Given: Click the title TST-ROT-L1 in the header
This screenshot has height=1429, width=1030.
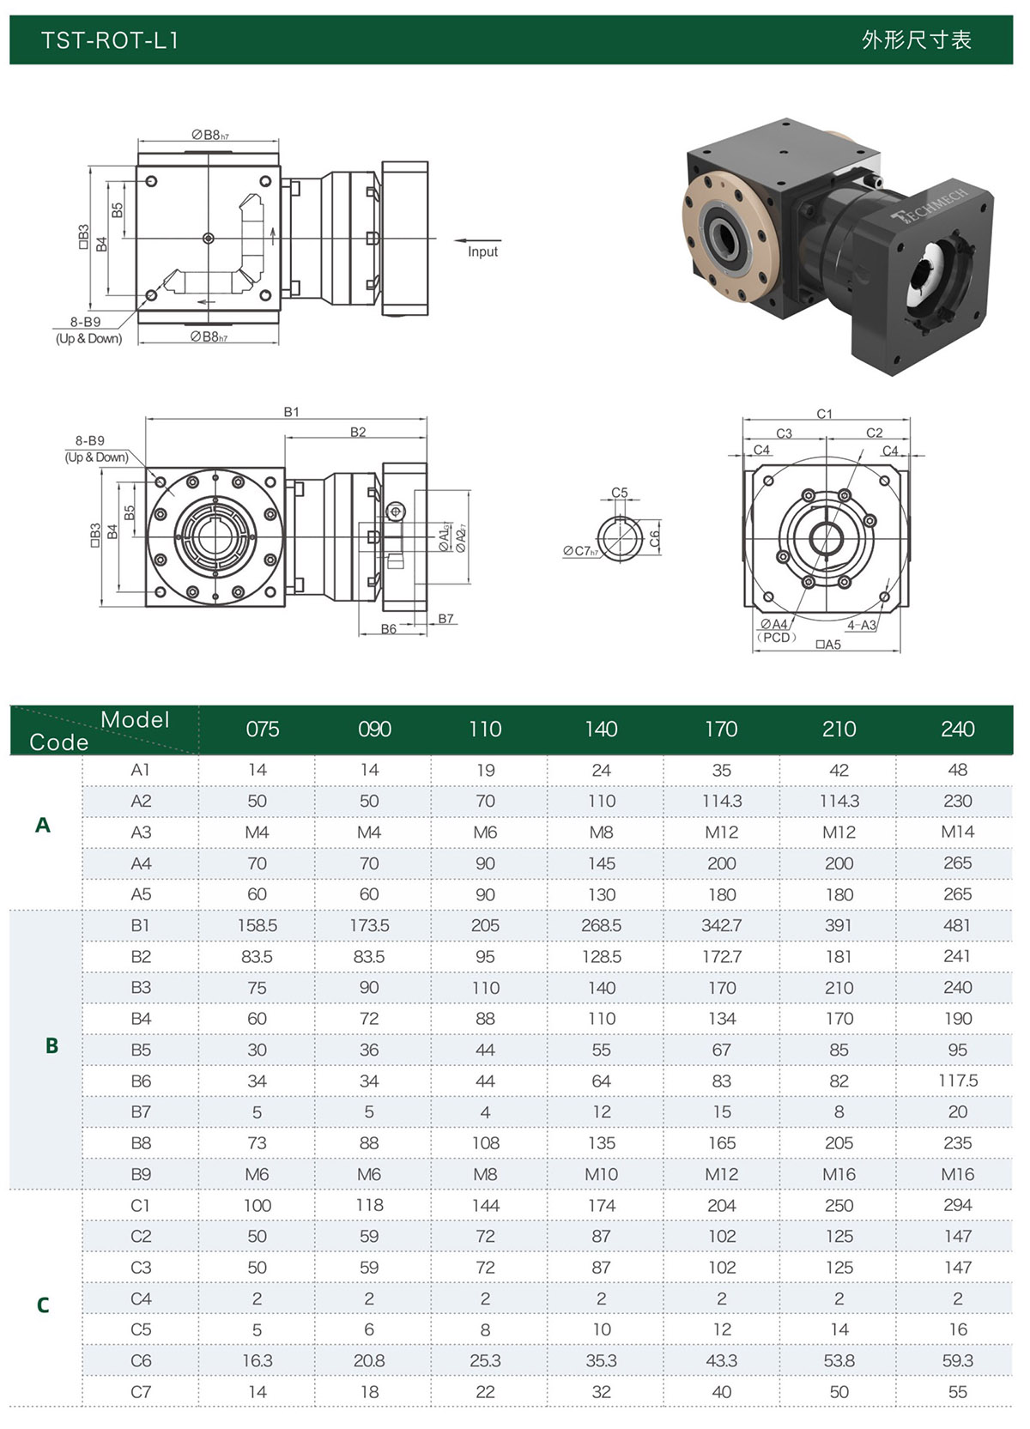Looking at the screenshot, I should [110, 40].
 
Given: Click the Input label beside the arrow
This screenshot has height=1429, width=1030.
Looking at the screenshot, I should [482, 251].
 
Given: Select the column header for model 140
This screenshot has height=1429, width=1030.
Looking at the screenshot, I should [601, 730].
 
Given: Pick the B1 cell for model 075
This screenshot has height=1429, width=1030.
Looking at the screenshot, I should [257, 925].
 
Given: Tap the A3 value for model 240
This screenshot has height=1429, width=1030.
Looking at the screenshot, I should [957, 832].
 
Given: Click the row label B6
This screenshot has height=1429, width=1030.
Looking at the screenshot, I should [141, 1081].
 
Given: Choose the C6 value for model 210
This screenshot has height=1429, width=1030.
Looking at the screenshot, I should [839, 1360].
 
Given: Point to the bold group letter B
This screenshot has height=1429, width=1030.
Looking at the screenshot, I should [51, 1045].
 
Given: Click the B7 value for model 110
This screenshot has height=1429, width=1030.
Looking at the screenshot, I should [485, 1112].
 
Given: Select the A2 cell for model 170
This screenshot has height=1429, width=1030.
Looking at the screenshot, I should [721, 801].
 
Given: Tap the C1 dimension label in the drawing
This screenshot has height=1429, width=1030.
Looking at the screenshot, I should [824, 414].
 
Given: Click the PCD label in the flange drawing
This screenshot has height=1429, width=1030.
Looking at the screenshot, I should [777, 638].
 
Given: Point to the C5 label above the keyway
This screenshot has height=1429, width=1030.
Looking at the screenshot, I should [620, 493].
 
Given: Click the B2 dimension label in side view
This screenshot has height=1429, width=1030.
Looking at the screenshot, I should [358, 432].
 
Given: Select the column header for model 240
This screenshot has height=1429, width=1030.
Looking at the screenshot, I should [957, 730].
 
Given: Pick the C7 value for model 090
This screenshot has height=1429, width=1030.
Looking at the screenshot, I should [369, 1392].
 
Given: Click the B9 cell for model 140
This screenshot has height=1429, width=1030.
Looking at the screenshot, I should [601, 1174].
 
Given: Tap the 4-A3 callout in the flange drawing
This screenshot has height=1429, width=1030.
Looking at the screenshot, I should [862, 625].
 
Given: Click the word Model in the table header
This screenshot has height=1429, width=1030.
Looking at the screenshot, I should [135, 719].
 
